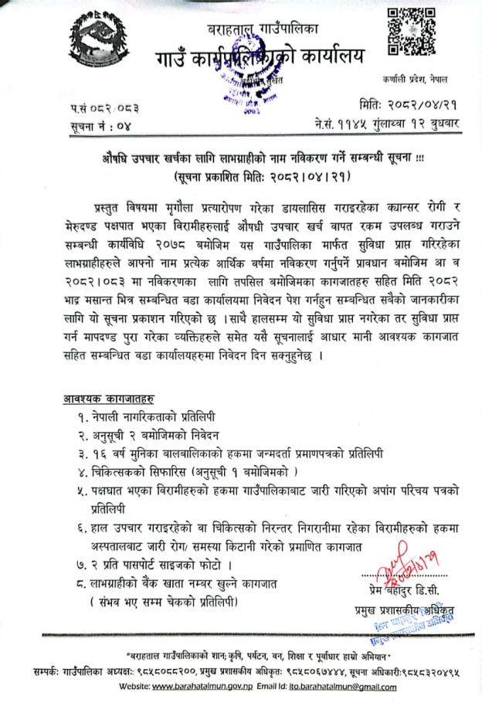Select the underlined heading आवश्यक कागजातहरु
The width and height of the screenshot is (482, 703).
tap(108, 399)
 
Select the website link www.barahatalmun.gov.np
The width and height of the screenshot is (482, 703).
tap(201, 687)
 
